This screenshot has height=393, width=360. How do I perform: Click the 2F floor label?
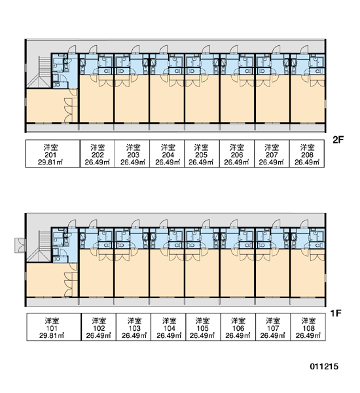point(338,140)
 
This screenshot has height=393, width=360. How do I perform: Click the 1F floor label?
point(336,313)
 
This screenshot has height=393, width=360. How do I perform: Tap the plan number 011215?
point(324,366)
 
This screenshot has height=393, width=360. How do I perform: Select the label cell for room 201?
point(52,153)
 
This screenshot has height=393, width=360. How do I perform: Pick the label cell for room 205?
point(202,153)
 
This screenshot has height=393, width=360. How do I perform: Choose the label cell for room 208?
point(307,153)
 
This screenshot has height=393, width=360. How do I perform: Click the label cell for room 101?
point(54,327)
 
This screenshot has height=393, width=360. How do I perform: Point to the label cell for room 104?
point(168,327)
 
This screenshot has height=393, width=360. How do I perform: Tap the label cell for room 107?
point(273,327)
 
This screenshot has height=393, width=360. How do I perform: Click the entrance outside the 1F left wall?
point(20,245)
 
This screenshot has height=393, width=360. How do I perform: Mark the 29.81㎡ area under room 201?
point(50,162)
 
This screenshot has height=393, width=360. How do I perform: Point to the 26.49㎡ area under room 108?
point(308,335)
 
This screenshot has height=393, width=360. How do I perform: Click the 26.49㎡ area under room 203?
point(133,162)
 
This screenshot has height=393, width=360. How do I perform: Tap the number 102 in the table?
point(98,328)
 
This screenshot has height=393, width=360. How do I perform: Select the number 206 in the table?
point(237,155)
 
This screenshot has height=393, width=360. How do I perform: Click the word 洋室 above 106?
point(238,321)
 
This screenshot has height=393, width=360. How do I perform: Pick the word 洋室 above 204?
point(168,147)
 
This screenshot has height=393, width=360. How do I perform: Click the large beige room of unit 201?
point(45,105)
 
